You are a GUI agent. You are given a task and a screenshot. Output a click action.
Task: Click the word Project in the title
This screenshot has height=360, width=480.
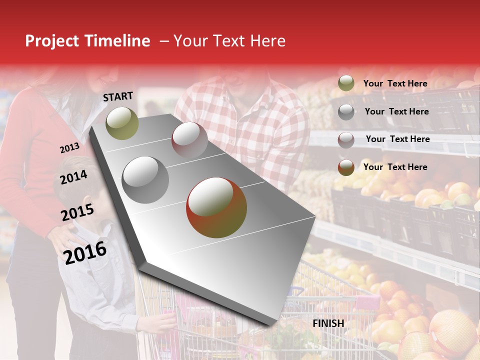[52, 41]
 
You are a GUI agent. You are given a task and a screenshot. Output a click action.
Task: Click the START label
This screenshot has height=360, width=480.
[118, 96]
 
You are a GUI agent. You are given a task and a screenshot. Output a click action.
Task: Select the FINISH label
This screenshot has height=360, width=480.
[328, 323]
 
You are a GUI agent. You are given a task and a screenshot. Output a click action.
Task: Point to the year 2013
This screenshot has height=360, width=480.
[69, 148]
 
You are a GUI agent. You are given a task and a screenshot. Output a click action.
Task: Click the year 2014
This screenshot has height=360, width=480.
[73, 177]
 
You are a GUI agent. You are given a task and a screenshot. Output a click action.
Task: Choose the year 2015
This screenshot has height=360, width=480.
[77, 212]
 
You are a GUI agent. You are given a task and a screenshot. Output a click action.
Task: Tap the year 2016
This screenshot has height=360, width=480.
[85, 252]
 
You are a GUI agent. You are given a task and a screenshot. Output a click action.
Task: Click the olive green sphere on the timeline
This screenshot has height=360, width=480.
[122, 123]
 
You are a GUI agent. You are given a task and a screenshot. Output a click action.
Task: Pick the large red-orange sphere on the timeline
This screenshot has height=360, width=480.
[216, 207]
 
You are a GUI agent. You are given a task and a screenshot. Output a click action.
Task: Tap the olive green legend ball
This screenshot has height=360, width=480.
[346, 83]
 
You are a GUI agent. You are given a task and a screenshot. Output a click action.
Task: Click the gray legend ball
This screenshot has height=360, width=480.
[346, 111]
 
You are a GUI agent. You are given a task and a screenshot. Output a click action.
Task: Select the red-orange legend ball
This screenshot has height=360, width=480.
[346, 167]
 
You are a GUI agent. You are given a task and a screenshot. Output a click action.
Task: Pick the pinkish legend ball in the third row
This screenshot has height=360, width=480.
[346, 139]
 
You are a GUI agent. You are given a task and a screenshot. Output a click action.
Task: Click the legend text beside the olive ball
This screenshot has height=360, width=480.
[395, 83]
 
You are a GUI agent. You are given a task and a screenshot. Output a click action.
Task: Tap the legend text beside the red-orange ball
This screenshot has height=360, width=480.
[395, 167]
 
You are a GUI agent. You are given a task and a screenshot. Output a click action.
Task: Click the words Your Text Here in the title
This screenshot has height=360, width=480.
[229, 41]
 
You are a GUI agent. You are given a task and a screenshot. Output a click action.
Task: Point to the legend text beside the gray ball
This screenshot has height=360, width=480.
[396, 111]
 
